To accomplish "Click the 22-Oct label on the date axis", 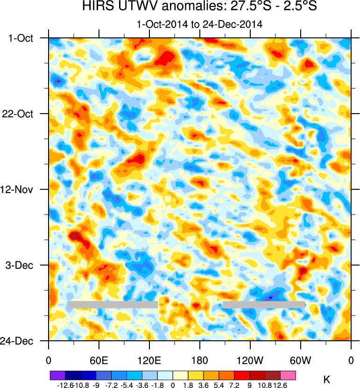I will tap(21, 114).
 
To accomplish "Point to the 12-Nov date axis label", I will tap(21, 189).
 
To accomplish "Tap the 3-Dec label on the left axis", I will tap(22, 265).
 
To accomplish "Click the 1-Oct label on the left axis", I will tap(22, 38).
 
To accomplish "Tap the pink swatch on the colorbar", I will tap(288, 375).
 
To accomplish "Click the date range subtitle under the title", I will tap(199, 23).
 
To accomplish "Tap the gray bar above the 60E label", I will tap(112, 305).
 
